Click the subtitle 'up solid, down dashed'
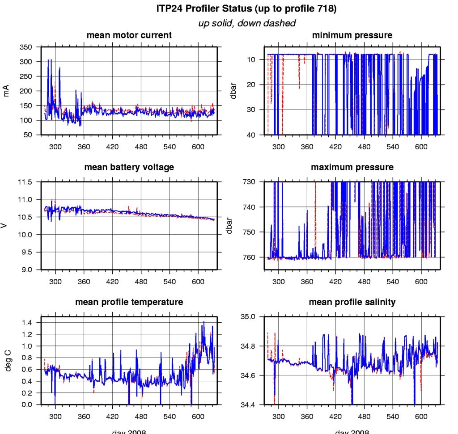246,23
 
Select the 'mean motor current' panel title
129,35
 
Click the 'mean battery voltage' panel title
129,167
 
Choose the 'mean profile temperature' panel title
129,302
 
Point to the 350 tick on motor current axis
26,47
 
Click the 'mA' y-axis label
6,91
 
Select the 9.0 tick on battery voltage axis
27,270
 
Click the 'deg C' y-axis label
6,361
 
